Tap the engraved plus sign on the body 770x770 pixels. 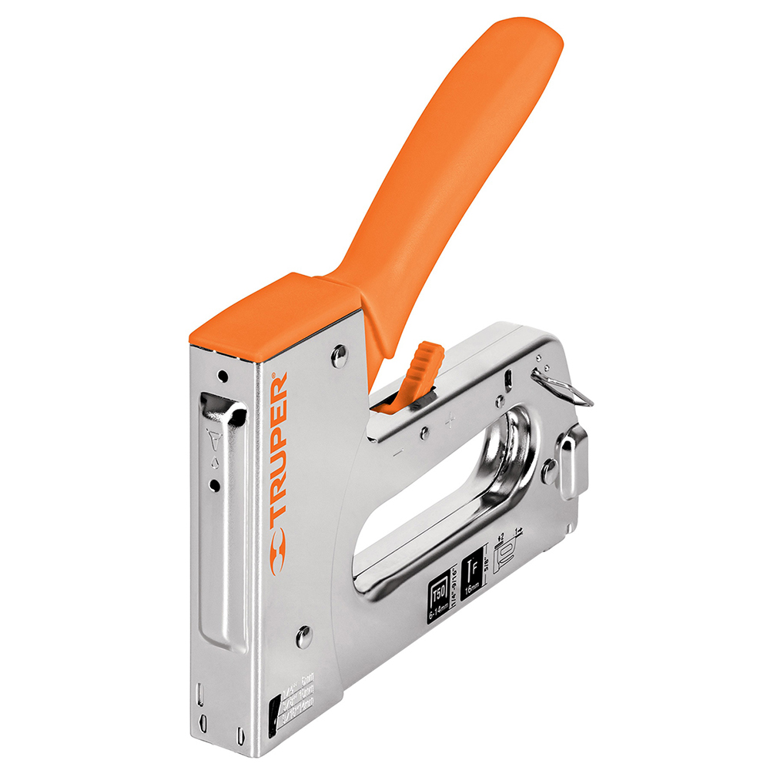pyautogui.click(x=450, y=420)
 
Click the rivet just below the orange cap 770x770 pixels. pyautogui.click(x=339, y=355)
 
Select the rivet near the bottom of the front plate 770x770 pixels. pyautogui.click(x=303, y=636)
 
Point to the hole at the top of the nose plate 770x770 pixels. pyautogui.click(x=222, y=377)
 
